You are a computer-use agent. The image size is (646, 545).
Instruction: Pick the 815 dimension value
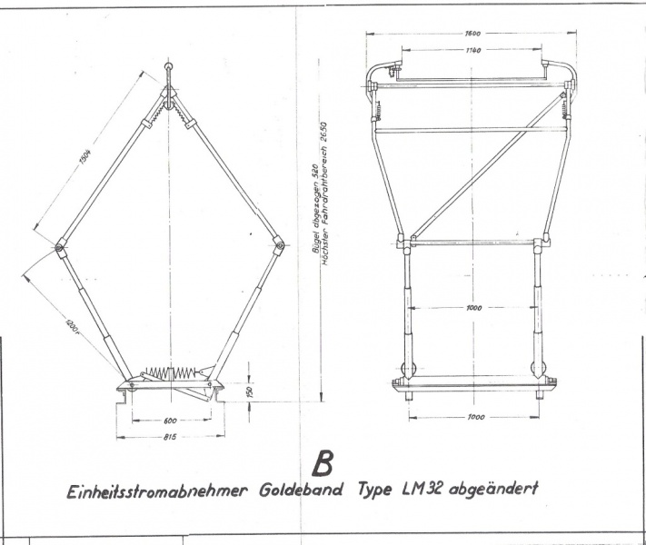coord(170,437)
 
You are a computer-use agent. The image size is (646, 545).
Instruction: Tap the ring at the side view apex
coord(168,67)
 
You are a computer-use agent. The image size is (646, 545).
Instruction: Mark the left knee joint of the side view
coord(59,245)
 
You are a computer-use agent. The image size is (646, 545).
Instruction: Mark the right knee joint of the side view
coord(278,243)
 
